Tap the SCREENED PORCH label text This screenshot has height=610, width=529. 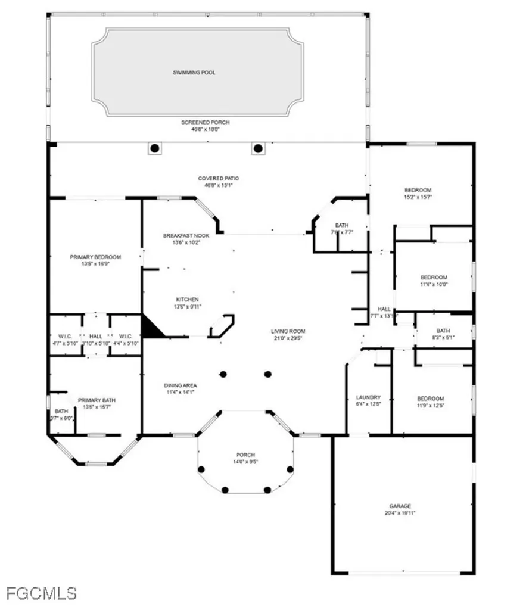pyautogui.click(x=205, y=122)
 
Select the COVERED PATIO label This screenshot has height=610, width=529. pyautogui.click(x=218, y=178)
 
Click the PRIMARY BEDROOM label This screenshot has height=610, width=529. pyautogui.click(x=95, y=257)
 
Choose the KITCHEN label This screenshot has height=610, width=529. pyautogui.click(x=187, y=299)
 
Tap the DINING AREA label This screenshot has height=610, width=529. pyautogui.click(x=181, y=385)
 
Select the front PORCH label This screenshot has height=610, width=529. pyautogui.click(x=245, y=455)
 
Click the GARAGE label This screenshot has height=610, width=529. pyautogui.click(x=400, y=506)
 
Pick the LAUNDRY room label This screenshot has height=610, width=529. pyautogui.click(x=368, y=397)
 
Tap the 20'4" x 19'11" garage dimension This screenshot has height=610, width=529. pyautogui.click(x=400, y=512)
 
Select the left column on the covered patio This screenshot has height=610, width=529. pyautogui.click(x=155, y=148)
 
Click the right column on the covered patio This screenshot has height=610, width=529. pyautogui.click(x=257, y=148)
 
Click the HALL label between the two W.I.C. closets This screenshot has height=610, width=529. pyautogui.click(x=95, y=335)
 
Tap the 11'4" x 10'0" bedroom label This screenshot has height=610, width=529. pyautogui.click(x=434, y=284)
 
